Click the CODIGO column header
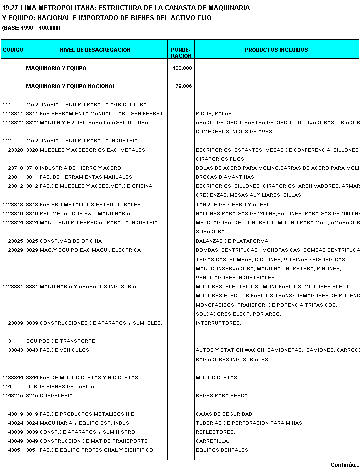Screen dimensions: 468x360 tap(13, 50)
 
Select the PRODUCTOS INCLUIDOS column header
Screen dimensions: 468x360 tap(276, 50)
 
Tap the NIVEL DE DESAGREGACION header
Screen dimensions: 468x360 tap(95, 50)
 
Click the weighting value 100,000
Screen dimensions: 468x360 tap(182, 68)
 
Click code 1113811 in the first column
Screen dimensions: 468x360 tap(13, 114)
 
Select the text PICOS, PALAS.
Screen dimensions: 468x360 tap(214, 114)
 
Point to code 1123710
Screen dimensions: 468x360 tap(13, 168)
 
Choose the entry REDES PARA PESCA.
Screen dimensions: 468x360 tap(222, 396)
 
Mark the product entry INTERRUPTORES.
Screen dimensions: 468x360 tap(218, 323)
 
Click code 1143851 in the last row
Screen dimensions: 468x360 tap(13, 450)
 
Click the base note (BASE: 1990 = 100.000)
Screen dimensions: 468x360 tap(31, 28)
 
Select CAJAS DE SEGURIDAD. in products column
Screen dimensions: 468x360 tap(225, 414)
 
